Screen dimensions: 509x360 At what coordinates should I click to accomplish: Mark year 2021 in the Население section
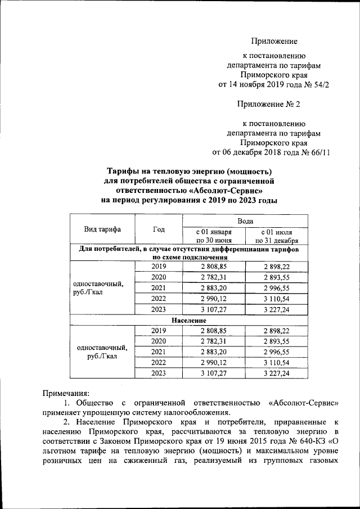159,352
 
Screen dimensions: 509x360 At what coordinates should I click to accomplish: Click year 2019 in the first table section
159,266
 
